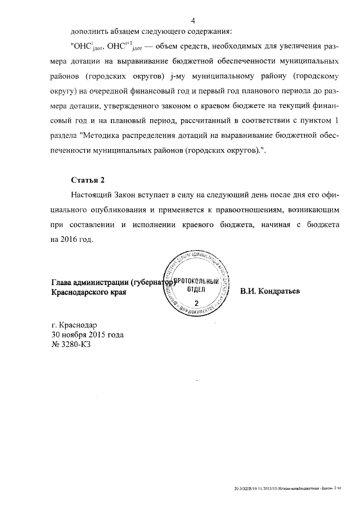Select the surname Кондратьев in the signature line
[x=270, y=292]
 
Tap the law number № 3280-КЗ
[x=71, y=344]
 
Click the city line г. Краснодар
[x=74, y=325]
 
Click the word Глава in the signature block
[x=62, y=282]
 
